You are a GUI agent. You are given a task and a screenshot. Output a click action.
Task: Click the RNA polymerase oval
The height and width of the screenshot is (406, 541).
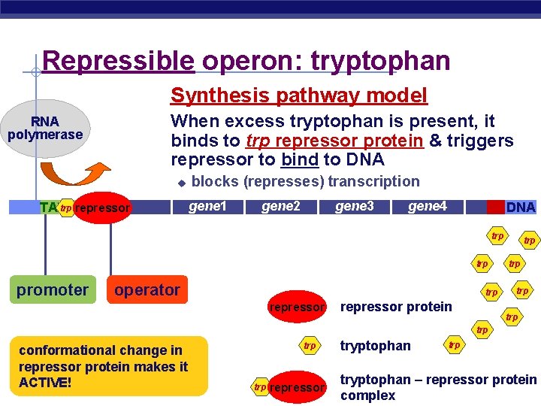click(45, 129)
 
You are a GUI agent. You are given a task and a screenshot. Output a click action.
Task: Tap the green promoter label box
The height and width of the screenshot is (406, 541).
click(53, 290)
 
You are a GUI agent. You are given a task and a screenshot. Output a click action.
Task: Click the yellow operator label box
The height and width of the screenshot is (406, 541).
click(147, 290)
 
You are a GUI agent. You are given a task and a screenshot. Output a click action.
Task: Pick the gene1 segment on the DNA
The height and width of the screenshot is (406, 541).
click(207, 207)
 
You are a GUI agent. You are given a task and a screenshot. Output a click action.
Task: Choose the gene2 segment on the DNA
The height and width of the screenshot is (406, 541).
click(280, 207)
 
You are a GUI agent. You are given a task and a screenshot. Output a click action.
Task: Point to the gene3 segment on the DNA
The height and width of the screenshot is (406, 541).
click(354, 207)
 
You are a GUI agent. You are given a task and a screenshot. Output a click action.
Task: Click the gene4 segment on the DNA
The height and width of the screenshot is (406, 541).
click(427, 207)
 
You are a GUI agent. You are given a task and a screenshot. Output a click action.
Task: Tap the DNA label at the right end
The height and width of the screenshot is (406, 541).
click(520, 208)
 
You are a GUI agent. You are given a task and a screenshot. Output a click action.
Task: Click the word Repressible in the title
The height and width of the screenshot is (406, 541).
click(118, 61)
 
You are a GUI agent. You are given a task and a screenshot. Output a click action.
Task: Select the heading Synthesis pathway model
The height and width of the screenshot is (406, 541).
click(298, 95)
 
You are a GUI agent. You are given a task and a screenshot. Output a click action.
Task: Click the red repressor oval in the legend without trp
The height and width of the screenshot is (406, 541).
click(297, 307)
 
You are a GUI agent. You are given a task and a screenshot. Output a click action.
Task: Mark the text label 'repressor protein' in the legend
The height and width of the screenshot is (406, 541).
click(396, 307)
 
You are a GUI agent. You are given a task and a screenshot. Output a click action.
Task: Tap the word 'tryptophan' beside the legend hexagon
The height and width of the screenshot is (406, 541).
click(375, 346)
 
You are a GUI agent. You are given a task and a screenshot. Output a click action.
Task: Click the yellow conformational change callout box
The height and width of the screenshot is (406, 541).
click(104, 365)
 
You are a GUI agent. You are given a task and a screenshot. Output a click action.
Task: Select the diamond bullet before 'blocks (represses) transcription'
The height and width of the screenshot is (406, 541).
click(180, 183)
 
